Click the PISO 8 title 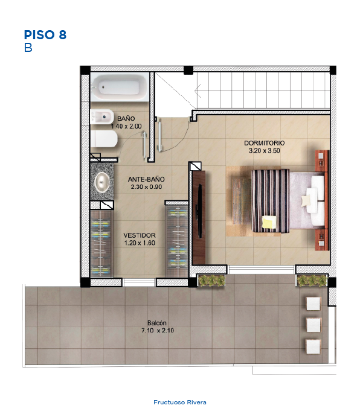click(45, 35)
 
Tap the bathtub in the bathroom click(120, 87)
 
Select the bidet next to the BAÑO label click(102, 116)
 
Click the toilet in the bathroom click(104, 139)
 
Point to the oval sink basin click(102, 182)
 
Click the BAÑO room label click(126, 119)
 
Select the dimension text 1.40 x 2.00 click(126, 126)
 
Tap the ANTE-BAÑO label click(146, 179)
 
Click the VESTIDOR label click(140, 235)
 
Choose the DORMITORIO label click(265, 143)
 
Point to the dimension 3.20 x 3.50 click(265, 151)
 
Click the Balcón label click(157, 323)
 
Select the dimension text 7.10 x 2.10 click(158, 331)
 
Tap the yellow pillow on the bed click(269, 222)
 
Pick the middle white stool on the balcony click(313, 325)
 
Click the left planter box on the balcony click(211, 281)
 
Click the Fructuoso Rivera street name click(180, 403)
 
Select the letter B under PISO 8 click(28, 48)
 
